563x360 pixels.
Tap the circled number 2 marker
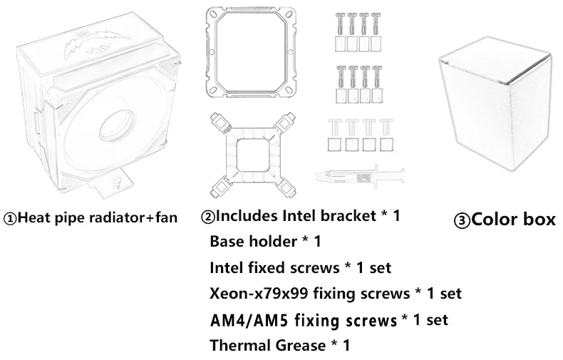208,216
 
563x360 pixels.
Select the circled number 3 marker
462,221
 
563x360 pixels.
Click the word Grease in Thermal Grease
304,346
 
